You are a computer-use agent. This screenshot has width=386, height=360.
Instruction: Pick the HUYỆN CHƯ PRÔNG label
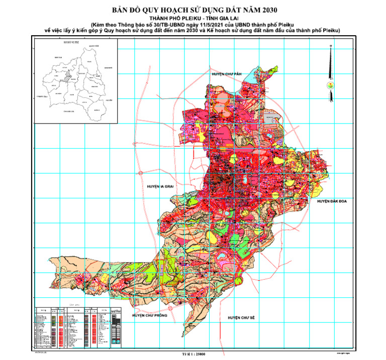click(149, 315)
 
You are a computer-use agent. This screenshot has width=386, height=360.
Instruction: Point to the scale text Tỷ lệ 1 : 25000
click(194, 354)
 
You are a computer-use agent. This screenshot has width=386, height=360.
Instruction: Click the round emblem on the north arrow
click(330, 85)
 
